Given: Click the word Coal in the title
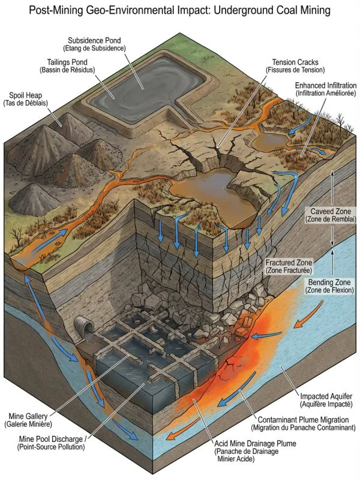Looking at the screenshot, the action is point(287,10).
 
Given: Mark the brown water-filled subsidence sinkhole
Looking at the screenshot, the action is point(212,194).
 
